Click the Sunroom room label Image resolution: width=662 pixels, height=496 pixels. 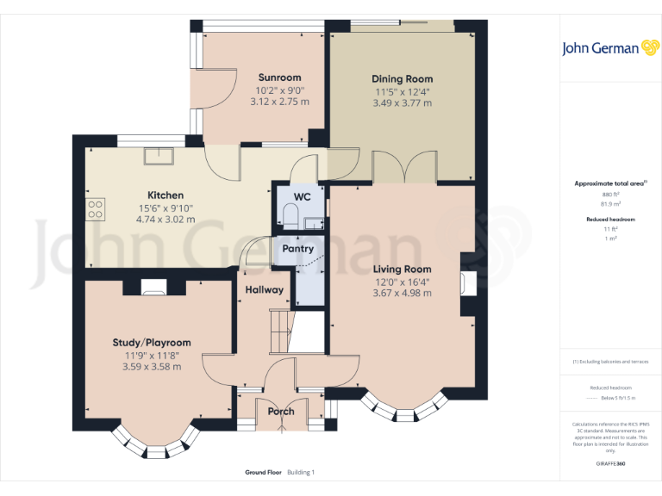[x=279, y=77]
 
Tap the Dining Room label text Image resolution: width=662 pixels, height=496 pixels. [x=403, y=79]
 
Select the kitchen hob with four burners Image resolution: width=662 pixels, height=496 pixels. [x=96, y=208]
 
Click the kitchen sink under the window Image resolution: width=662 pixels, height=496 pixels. [x=159, y=156]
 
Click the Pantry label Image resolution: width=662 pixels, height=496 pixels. [x=293, y=249]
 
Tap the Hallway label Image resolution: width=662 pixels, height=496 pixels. [x=263, y=290]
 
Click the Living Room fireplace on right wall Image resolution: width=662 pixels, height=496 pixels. [x=466, y=282]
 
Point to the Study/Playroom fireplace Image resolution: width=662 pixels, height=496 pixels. [x=154, y=286]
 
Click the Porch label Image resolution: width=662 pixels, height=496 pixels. [x=281, y=411]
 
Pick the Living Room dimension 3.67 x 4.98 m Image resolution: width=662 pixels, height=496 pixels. [x=402, y=294]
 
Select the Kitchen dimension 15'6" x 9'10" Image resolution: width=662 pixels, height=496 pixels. [x=165, y=208]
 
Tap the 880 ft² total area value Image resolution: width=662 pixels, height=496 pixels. [x=609, y=195]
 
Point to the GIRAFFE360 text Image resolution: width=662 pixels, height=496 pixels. [x=609, y=464]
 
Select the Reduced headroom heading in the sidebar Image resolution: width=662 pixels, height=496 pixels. [x=609, y=220]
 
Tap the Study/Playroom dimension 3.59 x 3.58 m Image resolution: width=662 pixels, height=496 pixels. [x=151, y=367]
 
